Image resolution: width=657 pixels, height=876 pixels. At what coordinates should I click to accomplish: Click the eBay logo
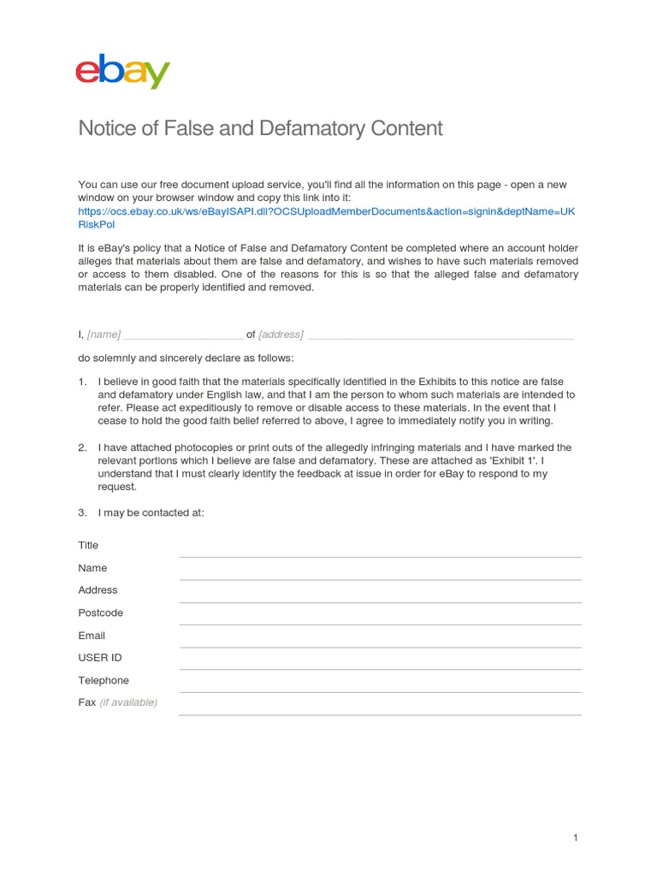[x=122, y=72]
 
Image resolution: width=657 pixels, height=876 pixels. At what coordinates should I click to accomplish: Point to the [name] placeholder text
[x=104, y=334]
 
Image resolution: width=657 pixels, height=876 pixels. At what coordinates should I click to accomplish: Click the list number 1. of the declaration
[x=83, y=382]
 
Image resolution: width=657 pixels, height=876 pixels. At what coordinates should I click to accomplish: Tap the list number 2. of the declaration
[x=83, y=447]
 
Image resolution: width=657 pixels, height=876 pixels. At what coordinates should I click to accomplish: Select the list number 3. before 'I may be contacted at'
[x=83, y=513]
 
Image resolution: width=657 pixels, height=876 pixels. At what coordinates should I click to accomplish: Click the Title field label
[x=88, y=546]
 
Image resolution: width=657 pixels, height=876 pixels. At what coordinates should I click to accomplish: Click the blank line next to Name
[x=380, y=578]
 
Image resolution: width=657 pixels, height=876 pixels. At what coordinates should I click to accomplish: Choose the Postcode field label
[x=100, y=613]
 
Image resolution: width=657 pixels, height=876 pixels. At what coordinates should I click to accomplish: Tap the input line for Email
[x=380, y=646]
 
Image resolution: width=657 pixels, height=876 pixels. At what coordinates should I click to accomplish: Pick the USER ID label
[x=100, y=658]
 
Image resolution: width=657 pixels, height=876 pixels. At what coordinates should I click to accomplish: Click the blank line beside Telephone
[x=380, y=691]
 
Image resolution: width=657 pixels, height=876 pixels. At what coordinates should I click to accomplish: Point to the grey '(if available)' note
[x=128, y=703]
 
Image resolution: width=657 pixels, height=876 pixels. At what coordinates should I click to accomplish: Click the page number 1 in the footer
[x=576, y=838]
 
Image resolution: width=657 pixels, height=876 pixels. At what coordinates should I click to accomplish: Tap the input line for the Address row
[x=380, y=601]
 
